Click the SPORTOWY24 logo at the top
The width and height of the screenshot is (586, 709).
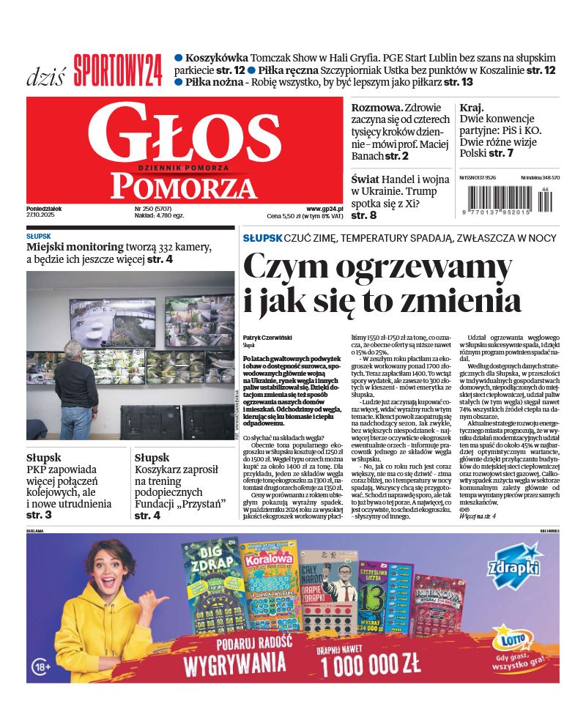(x=117, y=70)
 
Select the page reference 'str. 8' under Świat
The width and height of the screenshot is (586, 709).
(x=363, y=215)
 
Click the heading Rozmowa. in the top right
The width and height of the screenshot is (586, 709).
(x=376, y=108)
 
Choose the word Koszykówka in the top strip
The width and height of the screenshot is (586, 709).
(x=217, y=58)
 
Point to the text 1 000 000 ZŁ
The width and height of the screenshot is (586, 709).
(x=370, y=664)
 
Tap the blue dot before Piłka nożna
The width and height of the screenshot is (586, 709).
(x=179, y=83)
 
